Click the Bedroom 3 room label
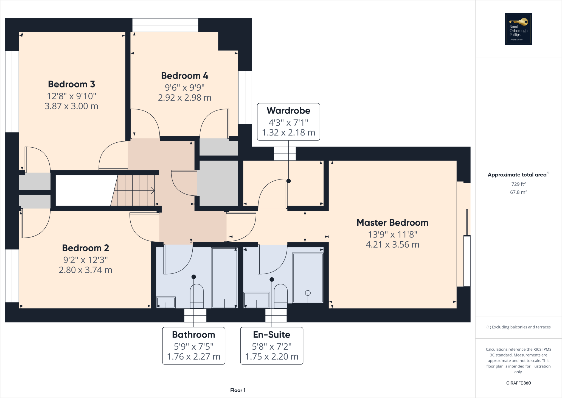pyautogui.click(x=71, y=84)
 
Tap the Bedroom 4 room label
pyautogui.click(x=184, y=76)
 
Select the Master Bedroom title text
pyautogui.click(x=392, y=223)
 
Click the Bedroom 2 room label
pyautogui.click(x=85, y=248)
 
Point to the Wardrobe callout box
pyautogui.click(x=288, y=122)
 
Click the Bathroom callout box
pyautogui.click(x=193, y=346)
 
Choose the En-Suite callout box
pyautogui.click(x=272, y=346)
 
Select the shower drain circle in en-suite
pyautogui.click(x=308, y=293)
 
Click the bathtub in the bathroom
pyautogui.click(x=224, y=277)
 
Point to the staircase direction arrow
pyautogui.click(x=152, y=190)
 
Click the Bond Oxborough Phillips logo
pyautogui.click(x=518, y=29)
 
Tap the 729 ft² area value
pyautogui.click(x=518, y=184)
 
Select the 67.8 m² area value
pyautogui.click(x=518, y=192)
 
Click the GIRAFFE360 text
pyautogui.click(x=518, y=383)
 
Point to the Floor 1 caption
pyautogui.click(x=238, y=390)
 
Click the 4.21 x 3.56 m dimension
pyautogui.click(x=392, y=245)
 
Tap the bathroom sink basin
pyautogui.click(x=166, y=302)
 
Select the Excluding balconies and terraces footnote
pyautogui.click(x=518, y=327)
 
